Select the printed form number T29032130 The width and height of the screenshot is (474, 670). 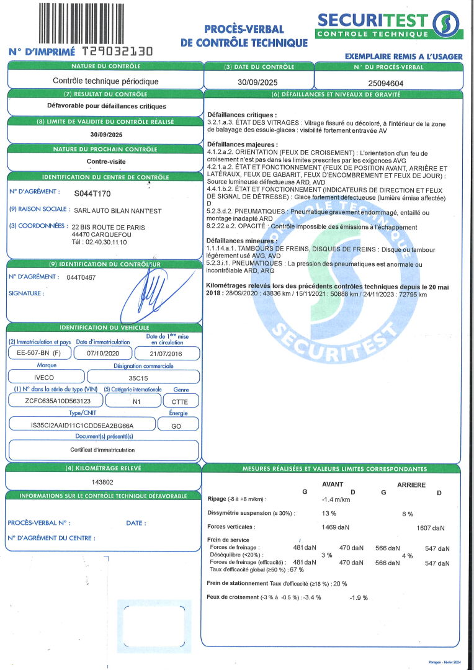(x=117, y=52)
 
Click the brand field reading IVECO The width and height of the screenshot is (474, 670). (x=43, y=377)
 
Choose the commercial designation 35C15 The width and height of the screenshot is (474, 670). (x=143, y=377)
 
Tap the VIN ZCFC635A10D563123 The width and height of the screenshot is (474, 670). (x=54, y=401)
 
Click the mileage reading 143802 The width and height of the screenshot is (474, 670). (x=104, y=481)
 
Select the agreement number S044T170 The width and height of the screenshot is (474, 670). (x=92, y=194)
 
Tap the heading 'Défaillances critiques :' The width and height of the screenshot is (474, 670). (x=242, y=115)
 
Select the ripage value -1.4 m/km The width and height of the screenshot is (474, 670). (x=336, y=499)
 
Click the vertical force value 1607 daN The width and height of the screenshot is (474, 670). (x=430, y=527)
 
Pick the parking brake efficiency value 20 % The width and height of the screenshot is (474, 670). (x=340, y=584)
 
